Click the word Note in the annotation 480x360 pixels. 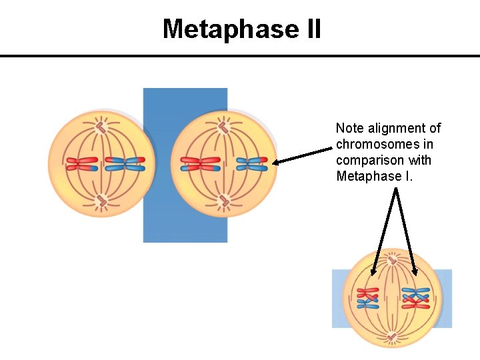coord(349,128)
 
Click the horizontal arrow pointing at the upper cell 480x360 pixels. coord(303,155)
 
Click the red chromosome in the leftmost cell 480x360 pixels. coord(81,164)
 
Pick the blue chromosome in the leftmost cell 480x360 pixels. coord(125,164)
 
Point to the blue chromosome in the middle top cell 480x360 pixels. coord(252,164)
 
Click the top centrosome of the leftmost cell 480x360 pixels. coord(101,126)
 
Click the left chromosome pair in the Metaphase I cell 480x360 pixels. coord(367,298)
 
